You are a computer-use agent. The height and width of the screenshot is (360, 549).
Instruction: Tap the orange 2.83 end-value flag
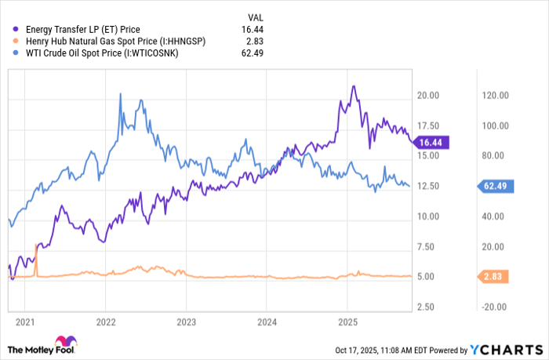[496, 276]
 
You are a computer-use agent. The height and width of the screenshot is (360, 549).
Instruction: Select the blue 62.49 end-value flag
[496, 186]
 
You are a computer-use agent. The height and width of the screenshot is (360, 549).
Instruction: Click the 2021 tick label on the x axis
[25, 322]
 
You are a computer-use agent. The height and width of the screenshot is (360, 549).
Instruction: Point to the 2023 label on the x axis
[186, 322]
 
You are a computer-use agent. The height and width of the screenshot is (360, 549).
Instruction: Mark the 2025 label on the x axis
[347, 322]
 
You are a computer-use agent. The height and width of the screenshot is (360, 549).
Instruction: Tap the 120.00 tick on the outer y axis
[496, 96]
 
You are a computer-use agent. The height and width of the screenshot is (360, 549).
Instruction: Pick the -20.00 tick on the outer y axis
[496, 307]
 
